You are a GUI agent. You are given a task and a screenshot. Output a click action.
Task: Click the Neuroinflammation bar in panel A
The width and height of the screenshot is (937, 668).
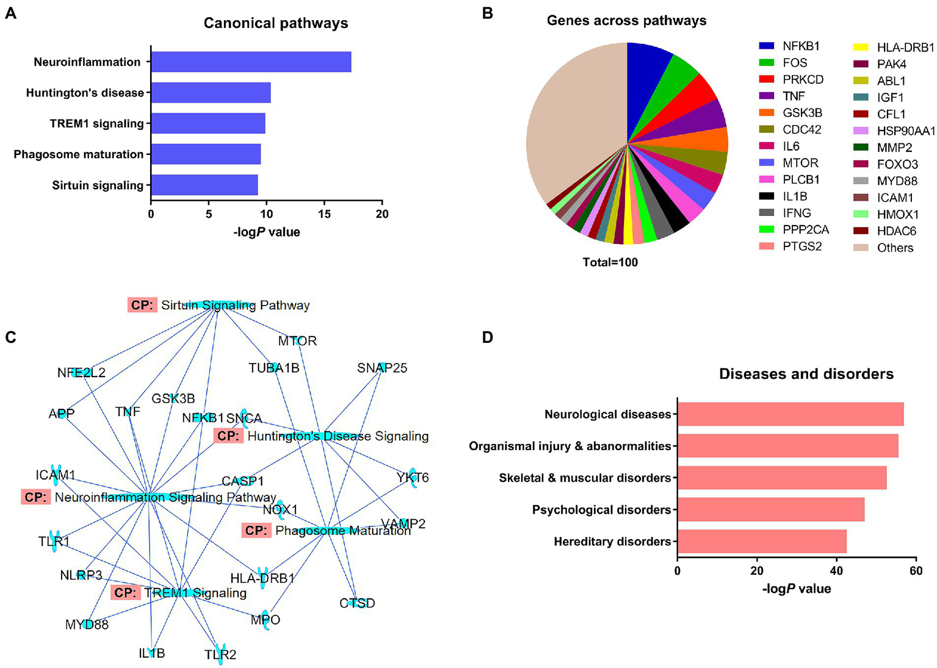pyautogui.click(x=251, y=62)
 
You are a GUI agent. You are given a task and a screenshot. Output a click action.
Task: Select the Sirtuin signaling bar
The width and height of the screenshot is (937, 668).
pyautogui.click(x=204, y=185)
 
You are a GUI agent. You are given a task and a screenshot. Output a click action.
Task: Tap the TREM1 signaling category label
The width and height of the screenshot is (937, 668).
pyautogui.click(x=96, y=124)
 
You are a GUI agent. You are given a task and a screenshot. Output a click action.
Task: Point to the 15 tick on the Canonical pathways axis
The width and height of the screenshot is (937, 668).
pyautogui.click(x=324, y=214)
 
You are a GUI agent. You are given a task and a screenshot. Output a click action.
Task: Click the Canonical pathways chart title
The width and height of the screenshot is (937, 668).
pyautogui.click(x=276, y=23)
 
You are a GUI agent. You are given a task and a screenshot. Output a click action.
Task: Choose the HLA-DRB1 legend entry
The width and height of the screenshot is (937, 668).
pyautogui.click(x=905, y=48)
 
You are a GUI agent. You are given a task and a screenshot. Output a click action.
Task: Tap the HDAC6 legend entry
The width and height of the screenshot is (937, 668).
pyautogui.click(x=896, y=231)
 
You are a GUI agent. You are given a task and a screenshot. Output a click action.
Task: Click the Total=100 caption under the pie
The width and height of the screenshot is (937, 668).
pyautogui.click(x=610, y=262)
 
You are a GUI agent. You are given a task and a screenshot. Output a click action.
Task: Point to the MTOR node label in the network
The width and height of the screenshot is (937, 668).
pyautogui.click(x=297, y=341)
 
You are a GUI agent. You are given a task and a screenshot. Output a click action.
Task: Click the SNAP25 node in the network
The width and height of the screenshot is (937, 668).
pyautogui.click(x=382, y=368)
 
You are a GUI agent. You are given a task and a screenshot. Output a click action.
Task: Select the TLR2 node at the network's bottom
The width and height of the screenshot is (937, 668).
pyautogui.click(x=220, y=655)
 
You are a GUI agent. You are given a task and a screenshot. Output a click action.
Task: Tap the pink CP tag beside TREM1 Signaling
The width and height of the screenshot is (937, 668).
pyautogui.click(x=125, y=592)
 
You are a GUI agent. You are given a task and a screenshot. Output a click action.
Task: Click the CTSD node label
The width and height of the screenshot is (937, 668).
pyautogui.click(x=357, y=603)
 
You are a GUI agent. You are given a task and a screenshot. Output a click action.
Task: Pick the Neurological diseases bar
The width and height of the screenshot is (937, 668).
pyautogui.click(x=790, y=414)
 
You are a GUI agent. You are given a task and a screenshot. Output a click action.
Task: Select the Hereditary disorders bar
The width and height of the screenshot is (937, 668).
pyautogui.click(x=761, y=541)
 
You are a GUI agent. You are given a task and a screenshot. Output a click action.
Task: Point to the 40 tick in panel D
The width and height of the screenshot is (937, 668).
pyautogui.click(x=837, y=571)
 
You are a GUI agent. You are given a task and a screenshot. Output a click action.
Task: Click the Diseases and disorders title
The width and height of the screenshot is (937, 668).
pyautogui.click(x=806, y=374)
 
